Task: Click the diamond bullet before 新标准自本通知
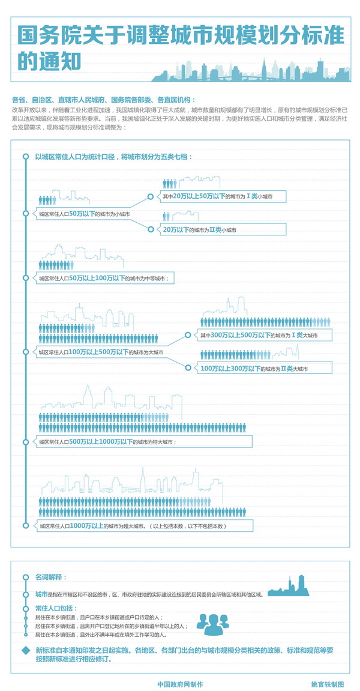coord(25,651)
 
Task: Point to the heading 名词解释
coord(51,577)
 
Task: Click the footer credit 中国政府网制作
coord(180,684)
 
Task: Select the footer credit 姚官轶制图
coord(328,684)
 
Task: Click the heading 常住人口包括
coord(56,608)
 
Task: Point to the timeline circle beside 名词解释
coord(25,577)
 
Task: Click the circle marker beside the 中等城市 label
coord(25,278)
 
